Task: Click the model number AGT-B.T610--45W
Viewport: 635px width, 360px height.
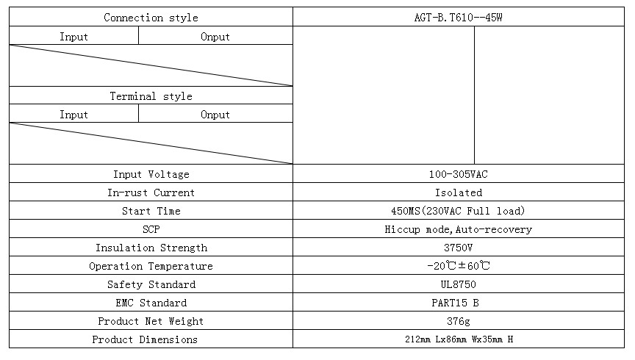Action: tap(458, 18)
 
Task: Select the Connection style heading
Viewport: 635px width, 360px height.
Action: tap(151, 18)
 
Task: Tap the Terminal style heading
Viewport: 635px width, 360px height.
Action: tap(151, 96)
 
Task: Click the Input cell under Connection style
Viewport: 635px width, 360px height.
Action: tap(73, 37)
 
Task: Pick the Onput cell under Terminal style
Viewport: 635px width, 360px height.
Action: tap(215, 115)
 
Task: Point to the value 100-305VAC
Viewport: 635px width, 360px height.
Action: tap(458, 174)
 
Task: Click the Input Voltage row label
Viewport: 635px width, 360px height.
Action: tap(151, 174)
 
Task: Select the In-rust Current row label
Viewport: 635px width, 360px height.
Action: tap(151, 192)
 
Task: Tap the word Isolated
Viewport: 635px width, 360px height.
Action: tap(459, 192)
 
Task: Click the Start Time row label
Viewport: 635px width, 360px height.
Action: tap(151, 211)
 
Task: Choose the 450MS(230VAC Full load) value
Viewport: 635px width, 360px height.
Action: tap(458, 211)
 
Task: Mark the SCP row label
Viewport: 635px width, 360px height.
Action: tap(151, 229)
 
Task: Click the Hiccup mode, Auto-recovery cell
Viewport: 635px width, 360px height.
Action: tap(458, 230)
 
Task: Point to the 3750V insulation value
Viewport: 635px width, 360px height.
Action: tap(458, 248)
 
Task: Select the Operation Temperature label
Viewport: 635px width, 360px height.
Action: tap(151, 266)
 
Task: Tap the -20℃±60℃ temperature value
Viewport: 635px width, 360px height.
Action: tap(459, 266)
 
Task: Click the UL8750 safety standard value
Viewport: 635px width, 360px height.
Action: tap(458, 284)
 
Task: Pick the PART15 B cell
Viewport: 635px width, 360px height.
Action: tap(455, 303)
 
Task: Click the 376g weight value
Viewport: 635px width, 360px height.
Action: tap(459, 321)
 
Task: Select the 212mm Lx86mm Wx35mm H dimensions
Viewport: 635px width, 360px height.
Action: tap(459, 339)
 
